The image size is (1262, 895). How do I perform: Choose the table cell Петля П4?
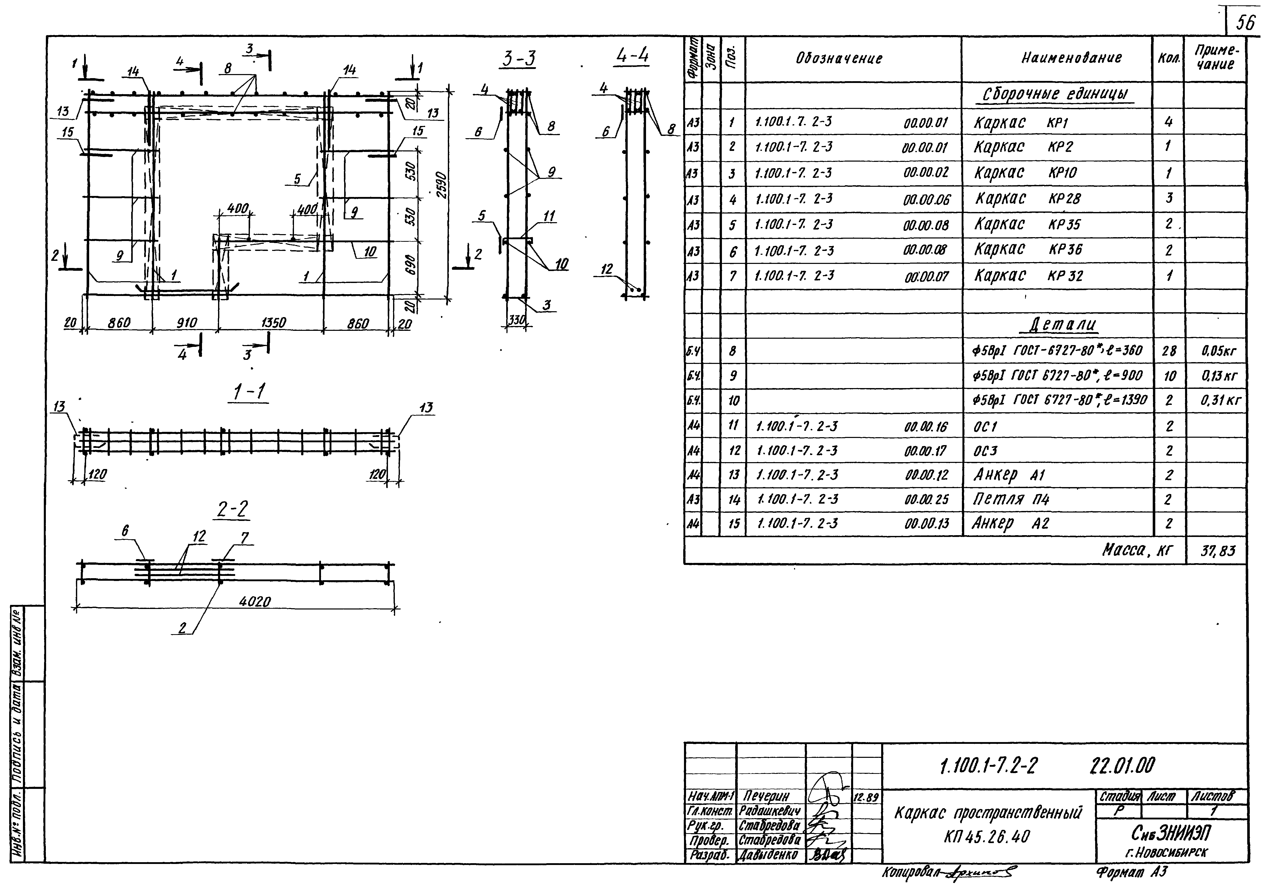[x=1011, y=499]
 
